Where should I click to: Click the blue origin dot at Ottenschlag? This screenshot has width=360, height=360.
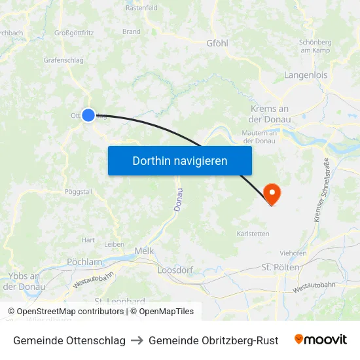pos(88,115)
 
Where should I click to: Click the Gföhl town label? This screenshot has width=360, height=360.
pos(217,43)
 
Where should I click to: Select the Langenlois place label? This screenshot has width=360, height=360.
pos(306,75)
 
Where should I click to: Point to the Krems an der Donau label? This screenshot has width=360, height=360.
pos(270,114)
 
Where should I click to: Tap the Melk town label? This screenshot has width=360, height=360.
pos(144,251)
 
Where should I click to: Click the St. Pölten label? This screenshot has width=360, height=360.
pos(280,268)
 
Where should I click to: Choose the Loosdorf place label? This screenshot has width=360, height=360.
pos(173,269)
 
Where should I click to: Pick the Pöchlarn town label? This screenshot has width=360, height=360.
pos(84,262)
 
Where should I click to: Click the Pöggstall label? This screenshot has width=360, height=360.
pos(79,192)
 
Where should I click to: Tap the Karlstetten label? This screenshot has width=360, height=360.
pos(253,233)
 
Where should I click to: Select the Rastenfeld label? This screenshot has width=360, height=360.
pos(141,9)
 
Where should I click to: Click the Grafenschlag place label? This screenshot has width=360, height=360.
pos(63,60)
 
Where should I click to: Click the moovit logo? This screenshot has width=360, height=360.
pos(321,340)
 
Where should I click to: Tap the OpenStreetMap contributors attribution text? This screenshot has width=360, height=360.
pos(70,312)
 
